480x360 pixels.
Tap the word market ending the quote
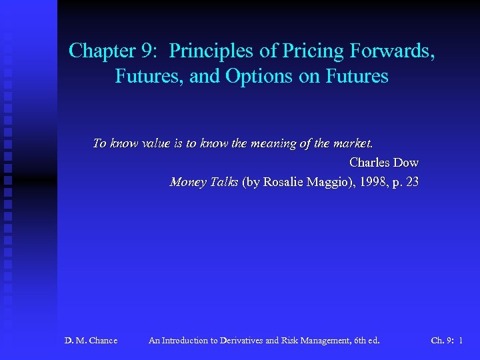tap(353, 143)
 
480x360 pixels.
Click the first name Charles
tap(369, 162)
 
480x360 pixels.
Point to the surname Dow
tap(406, 162)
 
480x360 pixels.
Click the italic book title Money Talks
tap(204, 181)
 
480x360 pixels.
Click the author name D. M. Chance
tap(91, 341)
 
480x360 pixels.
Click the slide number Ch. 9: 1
tap(447, 341)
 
